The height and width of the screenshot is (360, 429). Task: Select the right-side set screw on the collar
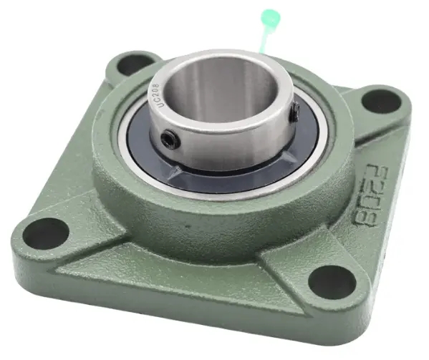coord(294,110)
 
